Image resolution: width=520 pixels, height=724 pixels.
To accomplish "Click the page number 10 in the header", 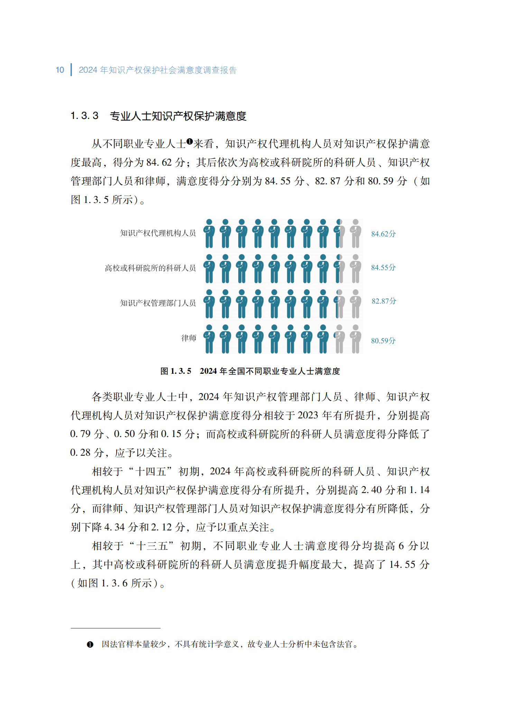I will [x=60, y=70].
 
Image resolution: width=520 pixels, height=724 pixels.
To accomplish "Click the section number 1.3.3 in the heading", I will [x=84, y=116].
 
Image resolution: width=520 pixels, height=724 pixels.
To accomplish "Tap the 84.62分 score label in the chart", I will [x=383, y=234].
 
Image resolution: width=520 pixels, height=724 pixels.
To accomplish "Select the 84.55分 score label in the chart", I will [x=383, y=268].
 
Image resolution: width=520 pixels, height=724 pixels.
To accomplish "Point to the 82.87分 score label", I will [x=384, y=301].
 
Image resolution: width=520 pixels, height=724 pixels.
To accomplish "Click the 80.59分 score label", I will [x=383, y=341].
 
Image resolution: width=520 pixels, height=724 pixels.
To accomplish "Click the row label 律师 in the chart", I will [x=189, y=338].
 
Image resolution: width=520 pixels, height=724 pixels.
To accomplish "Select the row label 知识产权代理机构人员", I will [x=158, y=233].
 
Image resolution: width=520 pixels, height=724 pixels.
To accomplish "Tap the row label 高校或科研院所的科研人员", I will [x=150, y=268].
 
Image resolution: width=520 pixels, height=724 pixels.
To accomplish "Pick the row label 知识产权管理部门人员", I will [x=158, y=303].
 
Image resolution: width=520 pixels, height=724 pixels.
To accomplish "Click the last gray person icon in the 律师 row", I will [x=355, y=339].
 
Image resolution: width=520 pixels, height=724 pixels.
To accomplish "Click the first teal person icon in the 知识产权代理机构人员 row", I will [x=209, y=234].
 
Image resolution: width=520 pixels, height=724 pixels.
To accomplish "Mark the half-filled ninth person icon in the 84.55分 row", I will [x=340, y=269].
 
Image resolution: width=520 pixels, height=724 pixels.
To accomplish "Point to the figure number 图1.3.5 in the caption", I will [x=176, y=371].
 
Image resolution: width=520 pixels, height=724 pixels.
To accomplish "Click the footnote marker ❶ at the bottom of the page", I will [x=90, y=644].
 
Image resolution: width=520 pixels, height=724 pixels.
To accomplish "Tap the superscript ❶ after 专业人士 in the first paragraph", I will [x=189, y=141].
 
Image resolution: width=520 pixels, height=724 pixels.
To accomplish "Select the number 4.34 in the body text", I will [x=114, y=527].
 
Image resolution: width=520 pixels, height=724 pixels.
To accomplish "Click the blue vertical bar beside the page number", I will [x=71, y=70].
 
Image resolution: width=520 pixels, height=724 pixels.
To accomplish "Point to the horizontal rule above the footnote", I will [x=115, y=628].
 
